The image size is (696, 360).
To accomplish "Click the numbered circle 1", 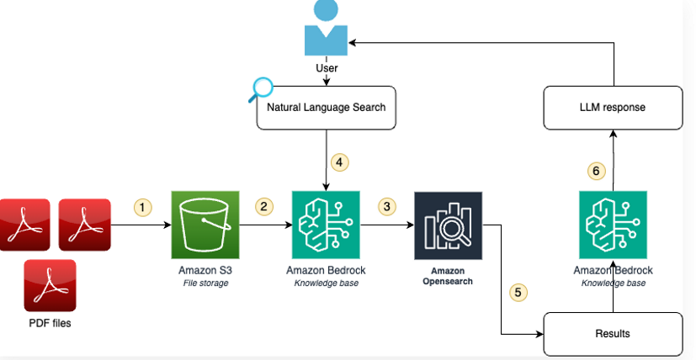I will click(x=143, y=206).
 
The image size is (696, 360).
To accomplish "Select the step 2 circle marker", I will click(x=264, y=206).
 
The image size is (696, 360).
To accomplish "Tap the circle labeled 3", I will click(x=387, y=206).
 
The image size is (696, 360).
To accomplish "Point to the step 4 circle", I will click(x=340, y=161).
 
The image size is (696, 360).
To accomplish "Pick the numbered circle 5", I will click(x=518, y=293).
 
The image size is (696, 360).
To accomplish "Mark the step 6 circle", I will click(x=596, y=171).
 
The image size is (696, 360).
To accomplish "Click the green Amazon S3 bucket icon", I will click(x=205, y=225).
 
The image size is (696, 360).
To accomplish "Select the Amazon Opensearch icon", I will click(x=448, y=225).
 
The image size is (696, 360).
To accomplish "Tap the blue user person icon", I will click(x=326, y=29).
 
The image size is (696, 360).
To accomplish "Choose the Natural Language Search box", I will click(x=326, y=108).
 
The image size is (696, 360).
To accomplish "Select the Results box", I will click(x=613, y=334).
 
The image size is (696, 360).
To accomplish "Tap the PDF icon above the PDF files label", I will click(x=50, y=285).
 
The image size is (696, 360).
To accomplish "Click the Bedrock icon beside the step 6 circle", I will click(x=613, y=225).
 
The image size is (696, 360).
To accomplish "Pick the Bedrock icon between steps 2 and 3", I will click(x=325, y=225).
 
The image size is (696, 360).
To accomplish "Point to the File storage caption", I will click(x=205, y=283).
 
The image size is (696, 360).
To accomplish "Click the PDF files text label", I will click(x=50, y=323).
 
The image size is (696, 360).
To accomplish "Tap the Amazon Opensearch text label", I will click(x=448, y=276).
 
